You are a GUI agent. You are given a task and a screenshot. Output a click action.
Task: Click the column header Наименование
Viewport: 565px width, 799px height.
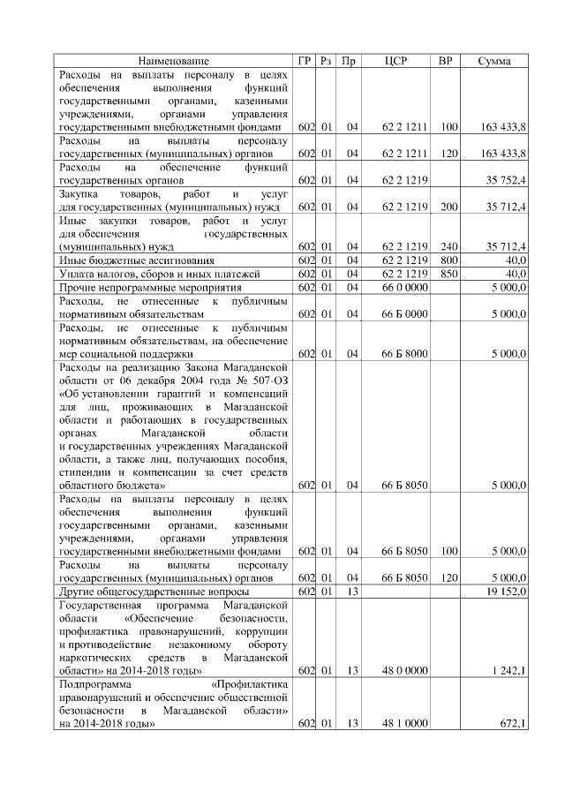point(173,61)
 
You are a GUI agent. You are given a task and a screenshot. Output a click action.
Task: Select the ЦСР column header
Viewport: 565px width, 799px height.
point(395,61)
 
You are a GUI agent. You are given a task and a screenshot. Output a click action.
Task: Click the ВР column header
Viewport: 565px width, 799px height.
point(446,61)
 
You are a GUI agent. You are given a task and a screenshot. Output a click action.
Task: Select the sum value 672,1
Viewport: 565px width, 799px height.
point(513,724)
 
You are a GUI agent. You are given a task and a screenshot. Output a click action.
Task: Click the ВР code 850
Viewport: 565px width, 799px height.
point(448,274)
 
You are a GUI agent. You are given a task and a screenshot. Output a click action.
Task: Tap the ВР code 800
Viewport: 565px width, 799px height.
point(448,260)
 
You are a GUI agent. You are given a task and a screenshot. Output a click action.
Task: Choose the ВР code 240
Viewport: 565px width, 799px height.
point(448,245)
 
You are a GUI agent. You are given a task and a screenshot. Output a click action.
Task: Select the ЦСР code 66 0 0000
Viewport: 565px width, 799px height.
point(405,287)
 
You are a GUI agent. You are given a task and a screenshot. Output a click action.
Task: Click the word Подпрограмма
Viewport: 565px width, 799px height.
point(92,684)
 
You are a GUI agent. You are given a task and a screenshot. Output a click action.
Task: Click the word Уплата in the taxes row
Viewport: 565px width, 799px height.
point(76,274)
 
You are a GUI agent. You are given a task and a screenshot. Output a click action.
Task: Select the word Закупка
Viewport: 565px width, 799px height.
point(79,193)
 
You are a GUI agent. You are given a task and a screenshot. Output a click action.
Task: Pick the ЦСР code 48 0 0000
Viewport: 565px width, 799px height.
point(405,671)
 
